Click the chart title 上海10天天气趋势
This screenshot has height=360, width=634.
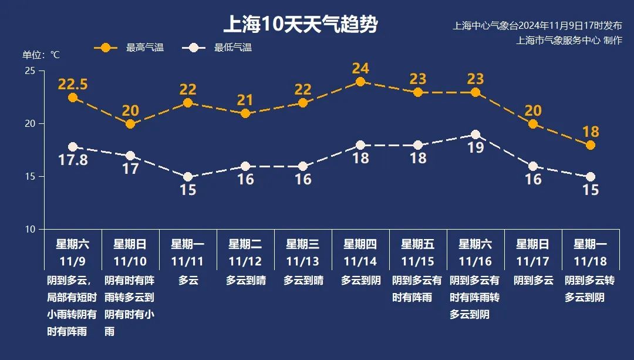coord(300,25)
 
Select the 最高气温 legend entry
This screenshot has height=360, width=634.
coord(144,48)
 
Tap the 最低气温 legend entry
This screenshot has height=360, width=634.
coord(232,48)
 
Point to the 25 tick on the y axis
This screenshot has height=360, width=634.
coord(30,71)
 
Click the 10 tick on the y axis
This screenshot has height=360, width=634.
coord(30,229)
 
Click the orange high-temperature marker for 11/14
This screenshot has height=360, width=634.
coord(360,82)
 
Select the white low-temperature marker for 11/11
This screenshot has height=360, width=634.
coord(188,177)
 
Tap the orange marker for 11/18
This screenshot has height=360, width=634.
coord(591,145)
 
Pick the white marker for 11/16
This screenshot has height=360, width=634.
coord(475,134)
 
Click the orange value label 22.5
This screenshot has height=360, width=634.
coord(73,85)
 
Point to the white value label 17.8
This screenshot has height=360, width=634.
coord(73,160)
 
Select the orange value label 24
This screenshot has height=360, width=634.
coord(360,68)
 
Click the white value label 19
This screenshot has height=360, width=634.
coord(475,148)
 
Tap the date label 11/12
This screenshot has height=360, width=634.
coord(245,261)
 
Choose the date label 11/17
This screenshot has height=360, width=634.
coord(533,261)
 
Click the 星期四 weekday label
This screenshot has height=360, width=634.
coord(360,244)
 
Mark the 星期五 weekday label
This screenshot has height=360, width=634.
coord(418,244)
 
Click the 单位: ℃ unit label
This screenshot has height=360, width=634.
coord(41,55)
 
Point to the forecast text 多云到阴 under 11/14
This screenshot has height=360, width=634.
coord(360,281)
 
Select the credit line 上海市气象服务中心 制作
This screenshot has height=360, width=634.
coord(569,41)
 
